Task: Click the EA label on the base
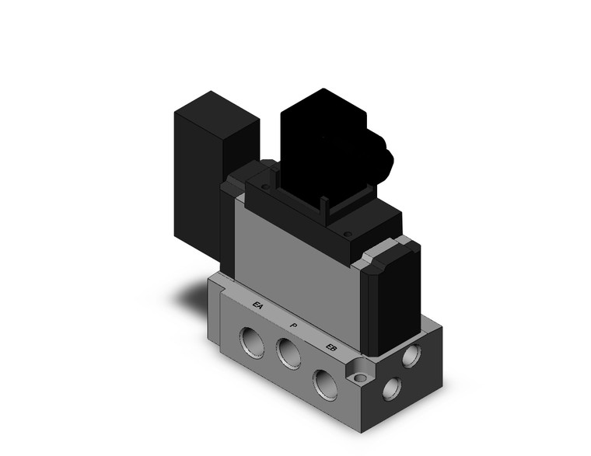(258, 305)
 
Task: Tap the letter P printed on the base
(292, 325)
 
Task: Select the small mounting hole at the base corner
(361, 378)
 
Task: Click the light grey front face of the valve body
(295, 264)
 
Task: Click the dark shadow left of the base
(191, 295)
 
